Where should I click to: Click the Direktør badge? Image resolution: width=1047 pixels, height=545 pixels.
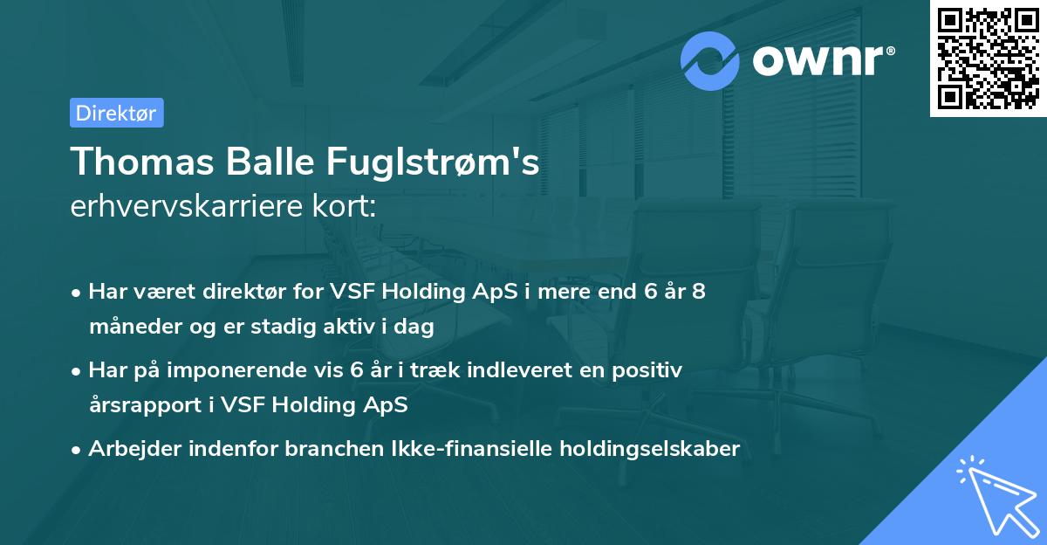coord(116,113)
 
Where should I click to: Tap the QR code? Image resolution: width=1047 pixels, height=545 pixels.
coord(989,58)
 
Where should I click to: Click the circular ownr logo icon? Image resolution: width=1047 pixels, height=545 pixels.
coord(710,61)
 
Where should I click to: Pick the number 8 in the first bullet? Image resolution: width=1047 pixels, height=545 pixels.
coord(699,292)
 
